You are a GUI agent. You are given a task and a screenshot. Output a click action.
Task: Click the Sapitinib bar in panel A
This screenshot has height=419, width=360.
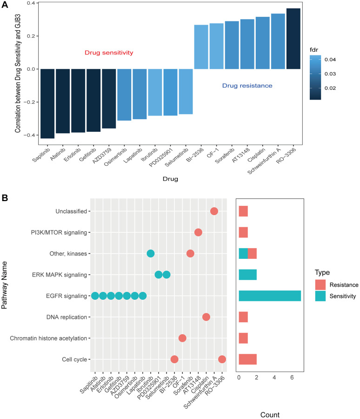coord(47,103)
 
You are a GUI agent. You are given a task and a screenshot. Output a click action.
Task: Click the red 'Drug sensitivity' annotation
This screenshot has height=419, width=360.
coord(109,53)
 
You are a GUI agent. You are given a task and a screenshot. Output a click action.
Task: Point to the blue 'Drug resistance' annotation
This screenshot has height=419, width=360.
coord(247,86)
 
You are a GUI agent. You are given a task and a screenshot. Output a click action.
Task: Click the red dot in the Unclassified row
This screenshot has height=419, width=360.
coord(214,211)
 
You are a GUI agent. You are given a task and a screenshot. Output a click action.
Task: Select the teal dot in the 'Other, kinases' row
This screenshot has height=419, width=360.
coord(151,253)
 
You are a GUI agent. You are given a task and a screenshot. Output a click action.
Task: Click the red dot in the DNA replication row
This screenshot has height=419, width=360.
coord(206,317)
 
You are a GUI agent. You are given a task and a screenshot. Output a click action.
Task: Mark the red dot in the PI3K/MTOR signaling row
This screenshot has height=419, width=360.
coord(198,232)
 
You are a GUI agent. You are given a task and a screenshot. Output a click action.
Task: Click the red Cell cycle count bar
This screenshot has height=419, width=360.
coord(247,359)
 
